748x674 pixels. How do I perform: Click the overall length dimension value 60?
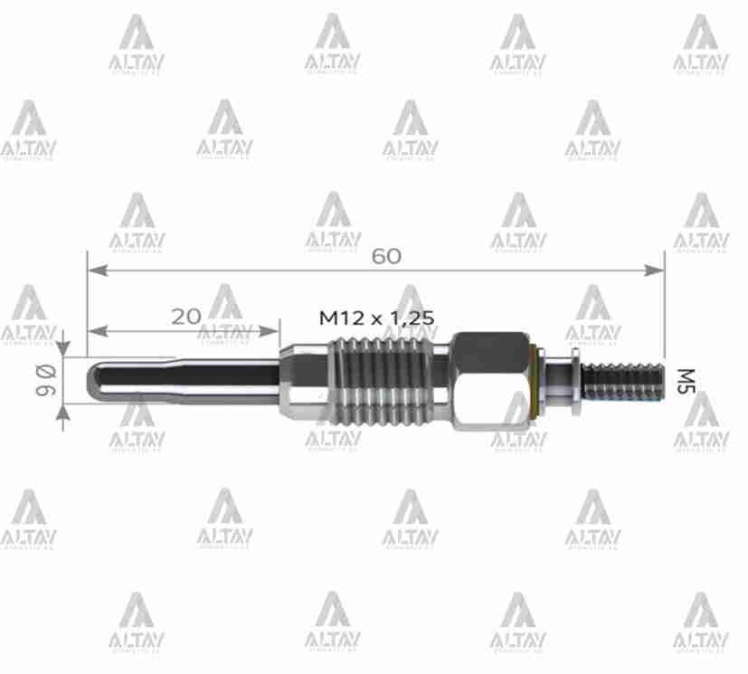(386, 256)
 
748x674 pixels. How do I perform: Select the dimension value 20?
(185, 316)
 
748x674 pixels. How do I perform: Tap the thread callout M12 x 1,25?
(377, 318)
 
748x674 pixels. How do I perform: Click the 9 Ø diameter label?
(44, 379)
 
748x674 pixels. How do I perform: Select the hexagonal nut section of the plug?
(489, 380)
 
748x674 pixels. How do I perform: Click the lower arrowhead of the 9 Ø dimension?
(63, 412)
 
